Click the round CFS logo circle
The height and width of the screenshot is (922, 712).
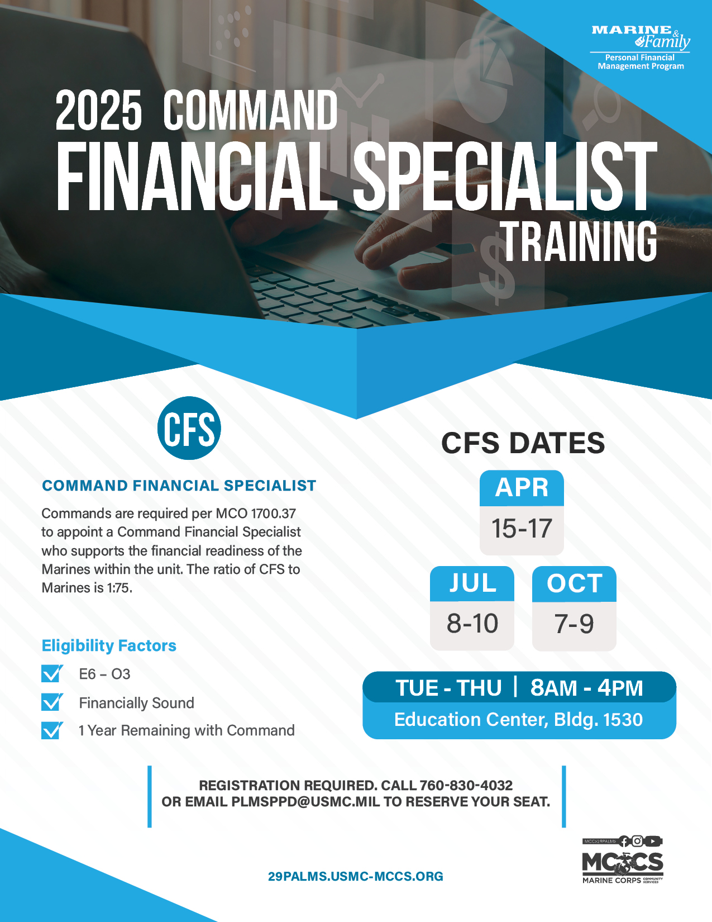click(x=189, y=427)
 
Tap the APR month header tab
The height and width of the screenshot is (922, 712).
click(x=522, y=487)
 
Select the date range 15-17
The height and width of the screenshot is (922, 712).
click(x=522, y=528)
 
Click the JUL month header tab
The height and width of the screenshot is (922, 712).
click(x=472, y=583)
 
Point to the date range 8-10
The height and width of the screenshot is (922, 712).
click(x=472, y=623)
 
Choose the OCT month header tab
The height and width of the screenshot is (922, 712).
click(x=574, y=583)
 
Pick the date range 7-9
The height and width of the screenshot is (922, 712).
click(x=574, y=624)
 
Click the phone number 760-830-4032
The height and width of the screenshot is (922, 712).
click(x=466, y=785)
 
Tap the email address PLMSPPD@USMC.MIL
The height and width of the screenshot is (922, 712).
click(x=306, y=801)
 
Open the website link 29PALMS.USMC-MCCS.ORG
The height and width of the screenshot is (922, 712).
click(x=355, y=876)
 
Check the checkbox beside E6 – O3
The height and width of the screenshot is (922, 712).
click(x=52, y=673)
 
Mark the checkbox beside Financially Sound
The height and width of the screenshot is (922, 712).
click(x=52, y=702)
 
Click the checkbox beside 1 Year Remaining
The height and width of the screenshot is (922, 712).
click(x=52, y=730)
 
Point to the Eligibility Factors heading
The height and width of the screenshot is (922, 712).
click(x=109, y=645)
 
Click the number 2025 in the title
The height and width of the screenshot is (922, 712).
click(x=98, y=110)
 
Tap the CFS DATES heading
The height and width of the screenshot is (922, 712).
click(x=523, y=443)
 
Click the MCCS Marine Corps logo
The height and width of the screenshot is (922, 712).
click(x=623, y=861)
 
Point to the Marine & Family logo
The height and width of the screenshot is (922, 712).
click(x=641, y=47)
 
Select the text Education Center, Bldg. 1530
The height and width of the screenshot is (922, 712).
click(x=519, y=720)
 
